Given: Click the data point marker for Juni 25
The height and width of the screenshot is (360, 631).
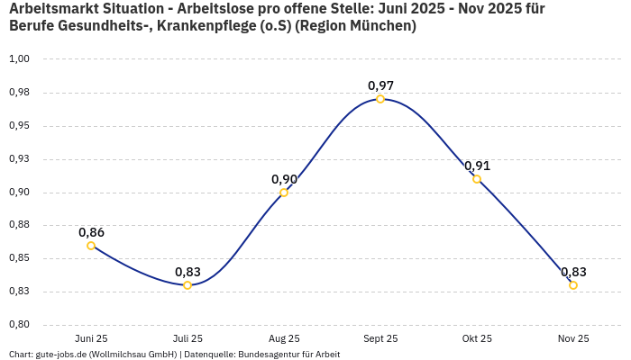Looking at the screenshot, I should coord(91,246).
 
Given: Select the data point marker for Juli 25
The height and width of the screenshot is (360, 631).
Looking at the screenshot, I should coord(187,285).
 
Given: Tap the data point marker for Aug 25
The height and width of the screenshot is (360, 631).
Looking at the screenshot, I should coord(284,193).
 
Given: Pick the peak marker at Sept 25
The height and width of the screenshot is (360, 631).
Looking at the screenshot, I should coord(380,99).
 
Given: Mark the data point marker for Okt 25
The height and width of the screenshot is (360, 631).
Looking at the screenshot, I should coord(477,179).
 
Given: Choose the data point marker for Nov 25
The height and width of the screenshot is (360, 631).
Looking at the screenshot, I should coord(573,285).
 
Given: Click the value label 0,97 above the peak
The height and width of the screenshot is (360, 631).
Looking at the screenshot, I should coord(380,85).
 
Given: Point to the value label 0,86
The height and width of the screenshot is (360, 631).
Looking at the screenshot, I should coord(91,232).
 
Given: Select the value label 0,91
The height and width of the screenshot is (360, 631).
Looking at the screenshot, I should coord(477,166).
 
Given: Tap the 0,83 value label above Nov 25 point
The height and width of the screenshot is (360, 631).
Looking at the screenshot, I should coord(573,272).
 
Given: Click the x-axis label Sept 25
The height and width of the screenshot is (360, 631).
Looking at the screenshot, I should coord(380,338).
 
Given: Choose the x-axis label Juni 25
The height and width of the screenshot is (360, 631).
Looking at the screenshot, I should coord(91,338).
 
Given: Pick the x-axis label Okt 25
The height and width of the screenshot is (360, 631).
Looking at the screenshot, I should coord(477,338).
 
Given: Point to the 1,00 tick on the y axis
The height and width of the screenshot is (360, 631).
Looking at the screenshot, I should coord(19,59).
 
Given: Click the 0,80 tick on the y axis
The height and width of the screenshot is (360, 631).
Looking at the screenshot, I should coord(19,325).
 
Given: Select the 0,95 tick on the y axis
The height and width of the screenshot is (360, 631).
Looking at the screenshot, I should coord(19,126).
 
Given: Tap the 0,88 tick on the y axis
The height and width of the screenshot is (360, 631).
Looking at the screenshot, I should coord(19,225).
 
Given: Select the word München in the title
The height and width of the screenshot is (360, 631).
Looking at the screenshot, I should coord(385,26).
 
